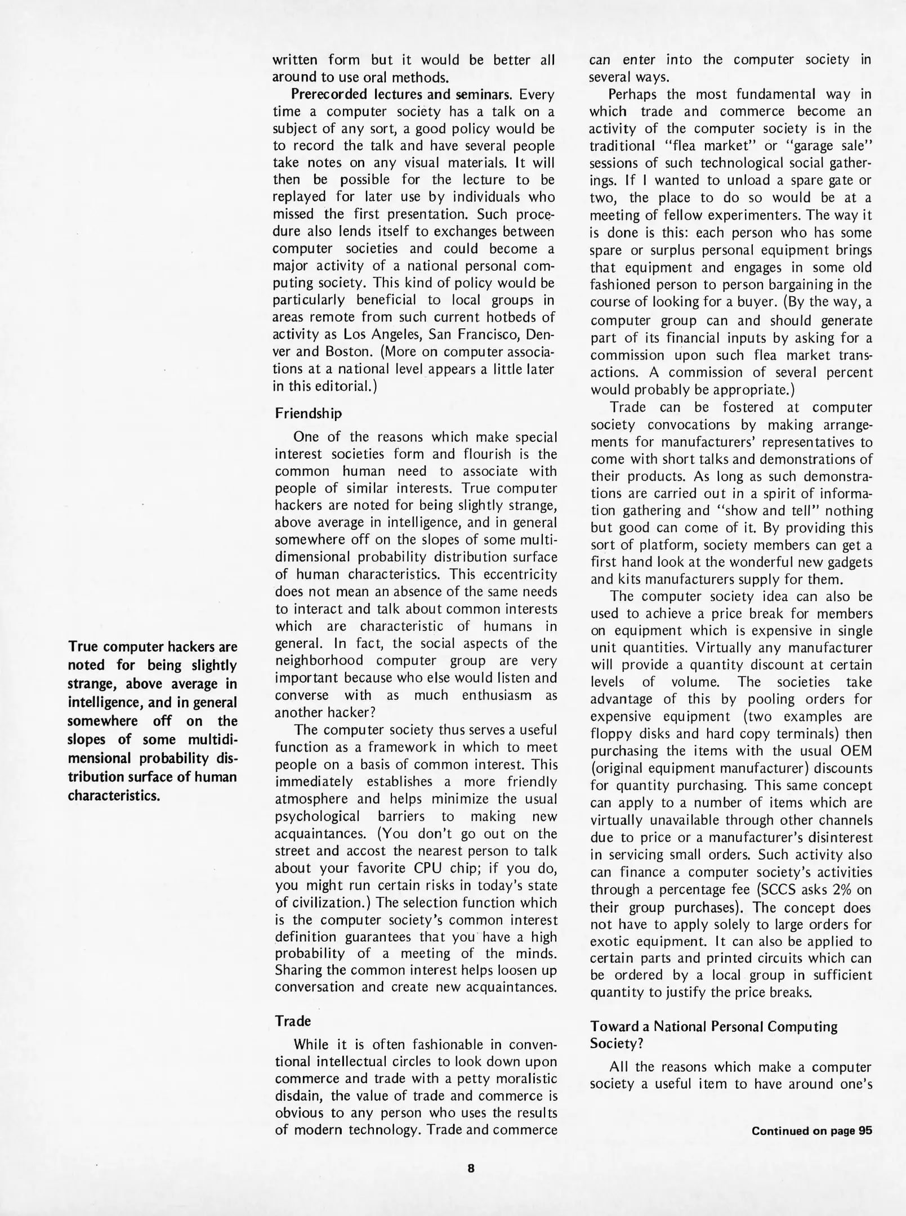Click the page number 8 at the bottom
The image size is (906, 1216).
[x=471, y=1168]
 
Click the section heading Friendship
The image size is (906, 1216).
[x=308, y=414]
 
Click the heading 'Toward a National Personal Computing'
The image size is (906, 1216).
[x=713, y=1026]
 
